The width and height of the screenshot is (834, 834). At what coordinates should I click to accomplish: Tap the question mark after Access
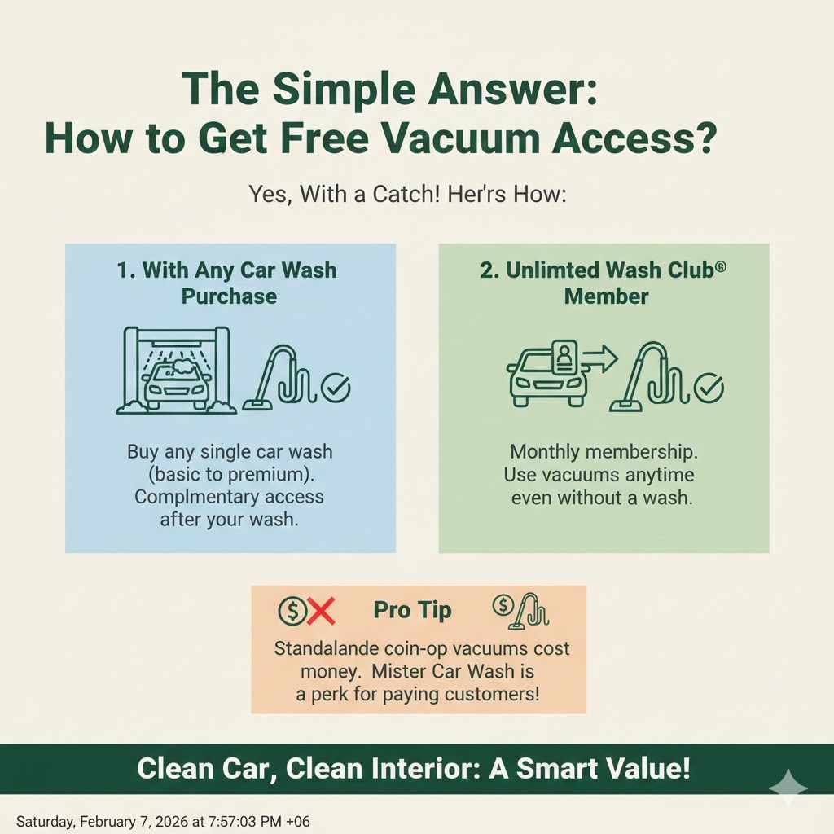(x=706, y=138)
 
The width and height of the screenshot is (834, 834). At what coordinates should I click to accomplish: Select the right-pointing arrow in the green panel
(x=600, y=358)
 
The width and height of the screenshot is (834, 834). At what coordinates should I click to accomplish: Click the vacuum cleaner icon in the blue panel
(x=281, y=378)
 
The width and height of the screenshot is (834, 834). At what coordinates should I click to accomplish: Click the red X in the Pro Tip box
(x=321, y=611)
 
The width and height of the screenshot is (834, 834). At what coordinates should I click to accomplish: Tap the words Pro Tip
(x=412, y=611)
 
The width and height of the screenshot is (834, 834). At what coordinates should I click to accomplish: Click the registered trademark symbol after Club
(x=720, y=266)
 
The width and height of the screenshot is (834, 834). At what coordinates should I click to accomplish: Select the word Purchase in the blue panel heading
(x=229, y=296)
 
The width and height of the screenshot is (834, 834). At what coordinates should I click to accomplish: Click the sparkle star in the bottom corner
(x=788, y=788)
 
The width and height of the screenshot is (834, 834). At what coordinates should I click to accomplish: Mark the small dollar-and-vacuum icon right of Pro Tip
(x=520, y=612)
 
